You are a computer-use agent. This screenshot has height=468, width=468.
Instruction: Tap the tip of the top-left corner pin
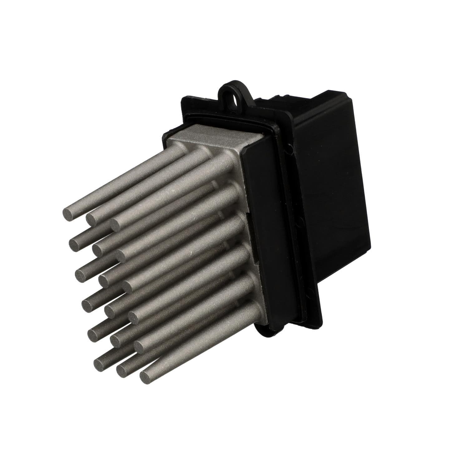click(x=69, y=215)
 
